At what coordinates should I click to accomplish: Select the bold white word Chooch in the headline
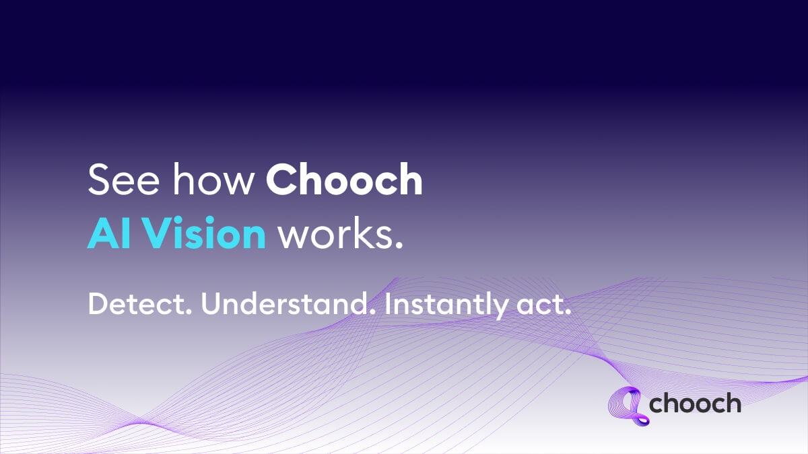344,180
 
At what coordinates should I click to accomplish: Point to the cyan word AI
108,233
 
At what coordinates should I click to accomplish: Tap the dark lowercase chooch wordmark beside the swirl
695,404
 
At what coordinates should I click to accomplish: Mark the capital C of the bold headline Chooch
280,180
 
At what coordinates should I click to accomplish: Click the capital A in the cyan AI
101,233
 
